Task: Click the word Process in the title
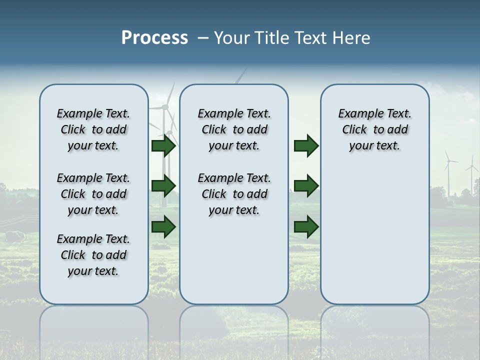click(154, 38)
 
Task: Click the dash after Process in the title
click(203, 38)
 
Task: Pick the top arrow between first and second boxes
click(163, 146)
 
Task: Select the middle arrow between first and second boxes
click(163, 186)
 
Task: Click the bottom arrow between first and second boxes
click(163, 226)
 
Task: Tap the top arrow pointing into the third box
click(306, 146)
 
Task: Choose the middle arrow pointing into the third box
click(306, 186)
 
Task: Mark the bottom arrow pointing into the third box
click(306, 226)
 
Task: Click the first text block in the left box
click(93, 129)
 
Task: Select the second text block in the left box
click(93, 194)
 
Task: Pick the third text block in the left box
click(93, 255)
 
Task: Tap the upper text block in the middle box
click(234, 129)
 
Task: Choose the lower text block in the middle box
click(234, 194)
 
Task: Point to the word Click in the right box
click(354, 129)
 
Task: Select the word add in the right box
click(398, 129)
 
